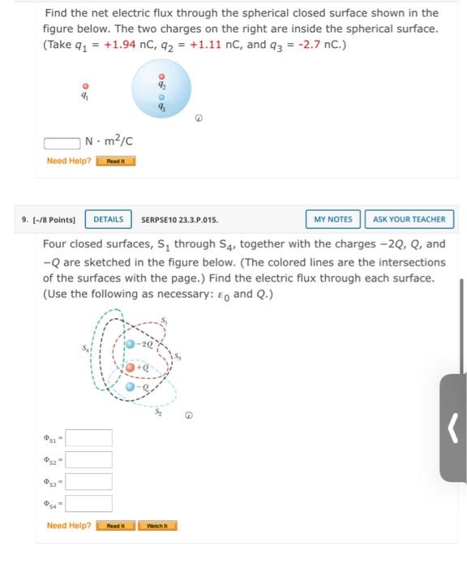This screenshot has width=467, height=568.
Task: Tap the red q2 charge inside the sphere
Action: pyautogui.click(x=161, y=77)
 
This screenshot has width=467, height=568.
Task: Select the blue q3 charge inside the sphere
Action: pyautogui.click(x=161, y=95)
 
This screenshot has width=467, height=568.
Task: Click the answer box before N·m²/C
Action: pyautogui.click(x=63, y=143)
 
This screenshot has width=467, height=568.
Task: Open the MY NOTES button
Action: pyautogui.click(x=333, y=219)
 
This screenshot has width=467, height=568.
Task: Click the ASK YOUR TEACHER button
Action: pyautogui.click(x=409, y=219)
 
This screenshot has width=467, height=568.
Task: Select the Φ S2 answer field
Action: pyautogui.click(x=88, y=460)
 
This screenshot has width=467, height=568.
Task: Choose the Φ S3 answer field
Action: pyautogui.click(x=88, y=482)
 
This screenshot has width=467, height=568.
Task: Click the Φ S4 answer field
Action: pyautogui.click(x=88, y=504)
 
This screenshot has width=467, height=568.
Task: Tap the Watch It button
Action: pyautogui.click(x=157, y=526)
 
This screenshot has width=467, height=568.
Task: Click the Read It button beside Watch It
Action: pyautogui.click(x=116, y=526)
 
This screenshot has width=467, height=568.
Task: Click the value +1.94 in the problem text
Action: pyautogui.click(x=111, y=44)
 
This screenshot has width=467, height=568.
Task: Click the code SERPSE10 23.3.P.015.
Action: pyautogui.click(x=180, y=219)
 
